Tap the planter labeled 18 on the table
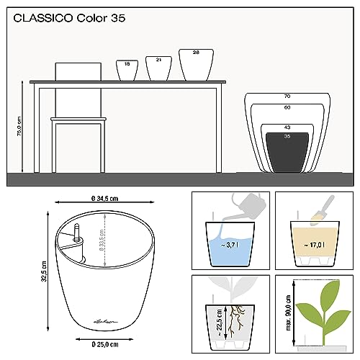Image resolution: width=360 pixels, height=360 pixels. [127, 70]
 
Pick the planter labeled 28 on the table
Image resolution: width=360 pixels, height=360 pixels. [196, 63]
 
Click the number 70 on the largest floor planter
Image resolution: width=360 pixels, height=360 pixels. [287, 96]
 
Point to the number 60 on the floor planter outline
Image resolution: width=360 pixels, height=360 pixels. [287, 107]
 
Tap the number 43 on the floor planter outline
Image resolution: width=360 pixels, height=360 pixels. [287, 127]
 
